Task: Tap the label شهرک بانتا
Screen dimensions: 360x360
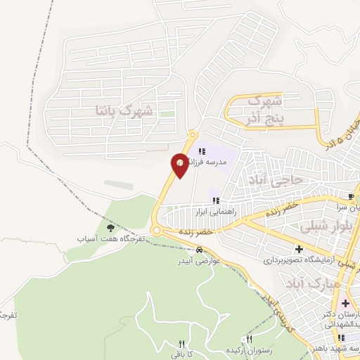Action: pyautogui.click(x=124, y=110)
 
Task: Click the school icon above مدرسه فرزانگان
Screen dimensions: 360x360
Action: pyautogui.click(x=202, y=150)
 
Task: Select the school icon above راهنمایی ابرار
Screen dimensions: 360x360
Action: pyautogui.click(x=216, y=200)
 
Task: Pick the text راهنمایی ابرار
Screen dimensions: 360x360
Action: pyautogui.click(x=217, y=210)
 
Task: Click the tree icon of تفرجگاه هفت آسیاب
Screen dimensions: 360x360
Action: pyautogui.click(x=110, y=227)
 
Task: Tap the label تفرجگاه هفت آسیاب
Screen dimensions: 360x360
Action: pyautogui.click(x=110, y=238)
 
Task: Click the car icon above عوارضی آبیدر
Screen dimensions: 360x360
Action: pyautogui.click(x=200, y=250)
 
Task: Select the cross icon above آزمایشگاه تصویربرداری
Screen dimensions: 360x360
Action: pyautogui.click(x=300, y=249)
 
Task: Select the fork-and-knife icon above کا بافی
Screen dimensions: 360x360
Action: pyautogui.click(x=181, y=344)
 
